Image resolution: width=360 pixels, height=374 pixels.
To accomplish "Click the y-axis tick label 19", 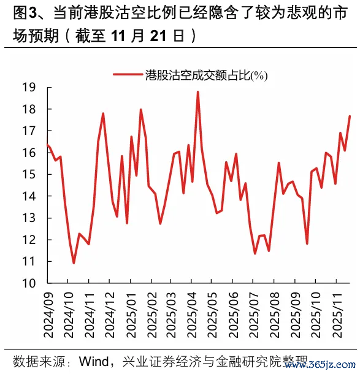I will click(28, 88).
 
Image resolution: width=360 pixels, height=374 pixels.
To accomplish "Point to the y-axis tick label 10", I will click(28, 283).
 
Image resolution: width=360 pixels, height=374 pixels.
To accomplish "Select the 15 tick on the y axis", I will click(28, 175).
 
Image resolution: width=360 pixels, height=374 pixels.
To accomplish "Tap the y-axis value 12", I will click(28, 240).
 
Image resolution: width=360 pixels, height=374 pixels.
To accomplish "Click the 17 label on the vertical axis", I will click(28, 131).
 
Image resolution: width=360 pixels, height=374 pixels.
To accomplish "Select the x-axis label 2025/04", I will click(191, 316).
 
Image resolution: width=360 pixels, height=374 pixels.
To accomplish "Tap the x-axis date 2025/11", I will click(335, 316).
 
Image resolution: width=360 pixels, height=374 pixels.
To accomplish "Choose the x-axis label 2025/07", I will click(253, 316).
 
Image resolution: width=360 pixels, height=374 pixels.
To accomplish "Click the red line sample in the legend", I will click(128, 75).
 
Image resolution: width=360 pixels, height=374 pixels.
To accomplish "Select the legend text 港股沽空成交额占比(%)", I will click(206, 75).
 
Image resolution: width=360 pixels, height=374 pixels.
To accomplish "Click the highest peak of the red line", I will click(197, 92).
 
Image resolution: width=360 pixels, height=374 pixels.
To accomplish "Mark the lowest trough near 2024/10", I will click(74, 263).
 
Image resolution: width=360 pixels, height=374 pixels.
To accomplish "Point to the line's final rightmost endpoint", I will click(350, 116).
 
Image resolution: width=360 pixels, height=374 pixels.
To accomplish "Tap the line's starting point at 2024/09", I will click(48, 145).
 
